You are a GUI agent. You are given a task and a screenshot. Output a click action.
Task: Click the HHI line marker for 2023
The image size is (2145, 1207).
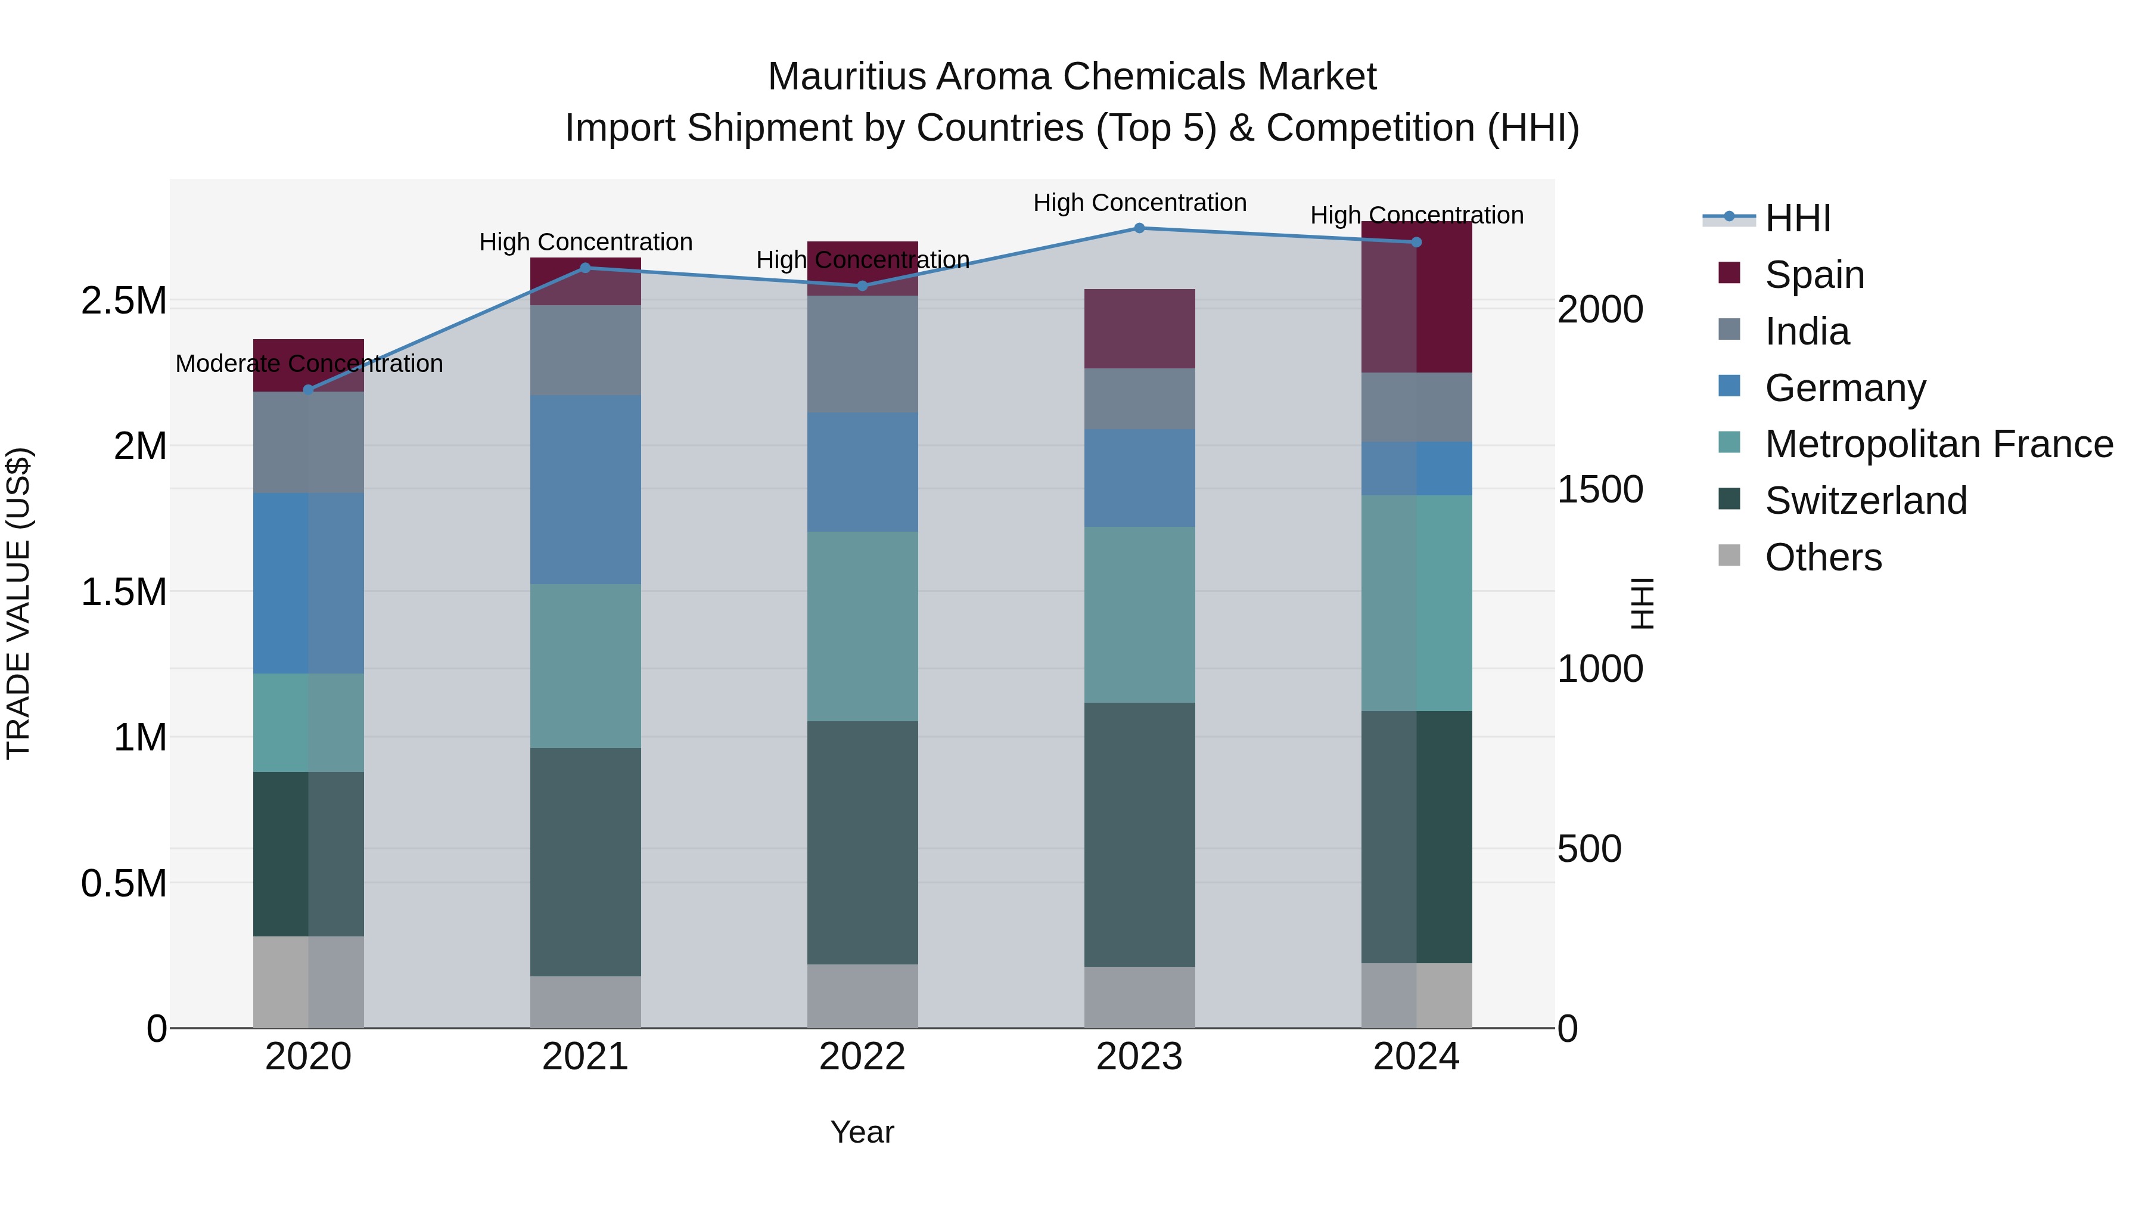pyautogui.click(x=1139, y=228)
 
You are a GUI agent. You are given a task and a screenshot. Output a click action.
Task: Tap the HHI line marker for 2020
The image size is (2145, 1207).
pyautogui.click(x=308, y=390)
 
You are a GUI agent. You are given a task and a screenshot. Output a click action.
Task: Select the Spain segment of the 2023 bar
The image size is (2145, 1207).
pyautogui.click(x=1139, y=329)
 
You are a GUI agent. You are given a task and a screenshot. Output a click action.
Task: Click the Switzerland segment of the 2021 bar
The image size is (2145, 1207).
pyautogui.click(x=585, y=862)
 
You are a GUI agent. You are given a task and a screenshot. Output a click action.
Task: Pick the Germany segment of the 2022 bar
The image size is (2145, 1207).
pyautogui.click(x=863, y=472)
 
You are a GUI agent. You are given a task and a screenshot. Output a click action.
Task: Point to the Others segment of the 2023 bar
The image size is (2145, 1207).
pyautogui.click(x=1139, y=997)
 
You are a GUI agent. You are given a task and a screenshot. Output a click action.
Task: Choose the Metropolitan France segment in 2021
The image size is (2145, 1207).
pyautogui.click(x=585, y=666)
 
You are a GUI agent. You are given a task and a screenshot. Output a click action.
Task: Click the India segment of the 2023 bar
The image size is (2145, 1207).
pyautogui.click(x=1139, y=399)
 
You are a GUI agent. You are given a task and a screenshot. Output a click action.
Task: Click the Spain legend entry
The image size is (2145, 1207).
pyautogui.click(x=1814, y=275)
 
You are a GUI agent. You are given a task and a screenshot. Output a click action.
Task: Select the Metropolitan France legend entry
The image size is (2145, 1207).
pyautogui.click(x=1938, y=444)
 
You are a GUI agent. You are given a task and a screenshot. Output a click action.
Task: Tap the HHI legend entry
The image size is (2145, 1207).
pyautogui.click(x=1797, y=218)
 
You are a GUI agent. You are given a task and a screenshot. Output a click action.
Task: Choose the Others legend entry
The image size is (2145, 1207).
pyautogui.click(x=1823, y=557)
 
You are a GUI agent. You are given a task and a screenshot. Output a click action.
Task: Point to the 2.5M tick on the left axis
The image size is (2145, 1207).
pyautogui.click(x=124, y=301)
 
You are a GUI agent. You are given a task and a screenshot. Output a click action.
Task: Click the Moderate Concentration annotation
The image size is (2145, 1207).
pyautogui.click(x=309, y=364)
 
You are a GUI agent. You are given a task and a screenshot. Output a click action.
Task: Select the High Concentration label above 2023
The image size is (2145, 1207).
pyautogui.click(x=1139, y=203)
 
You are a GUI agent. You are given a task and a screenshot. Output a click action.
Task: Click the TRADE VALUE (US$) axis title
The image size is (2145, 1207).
pyautogui.click(x=19, y=603)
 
